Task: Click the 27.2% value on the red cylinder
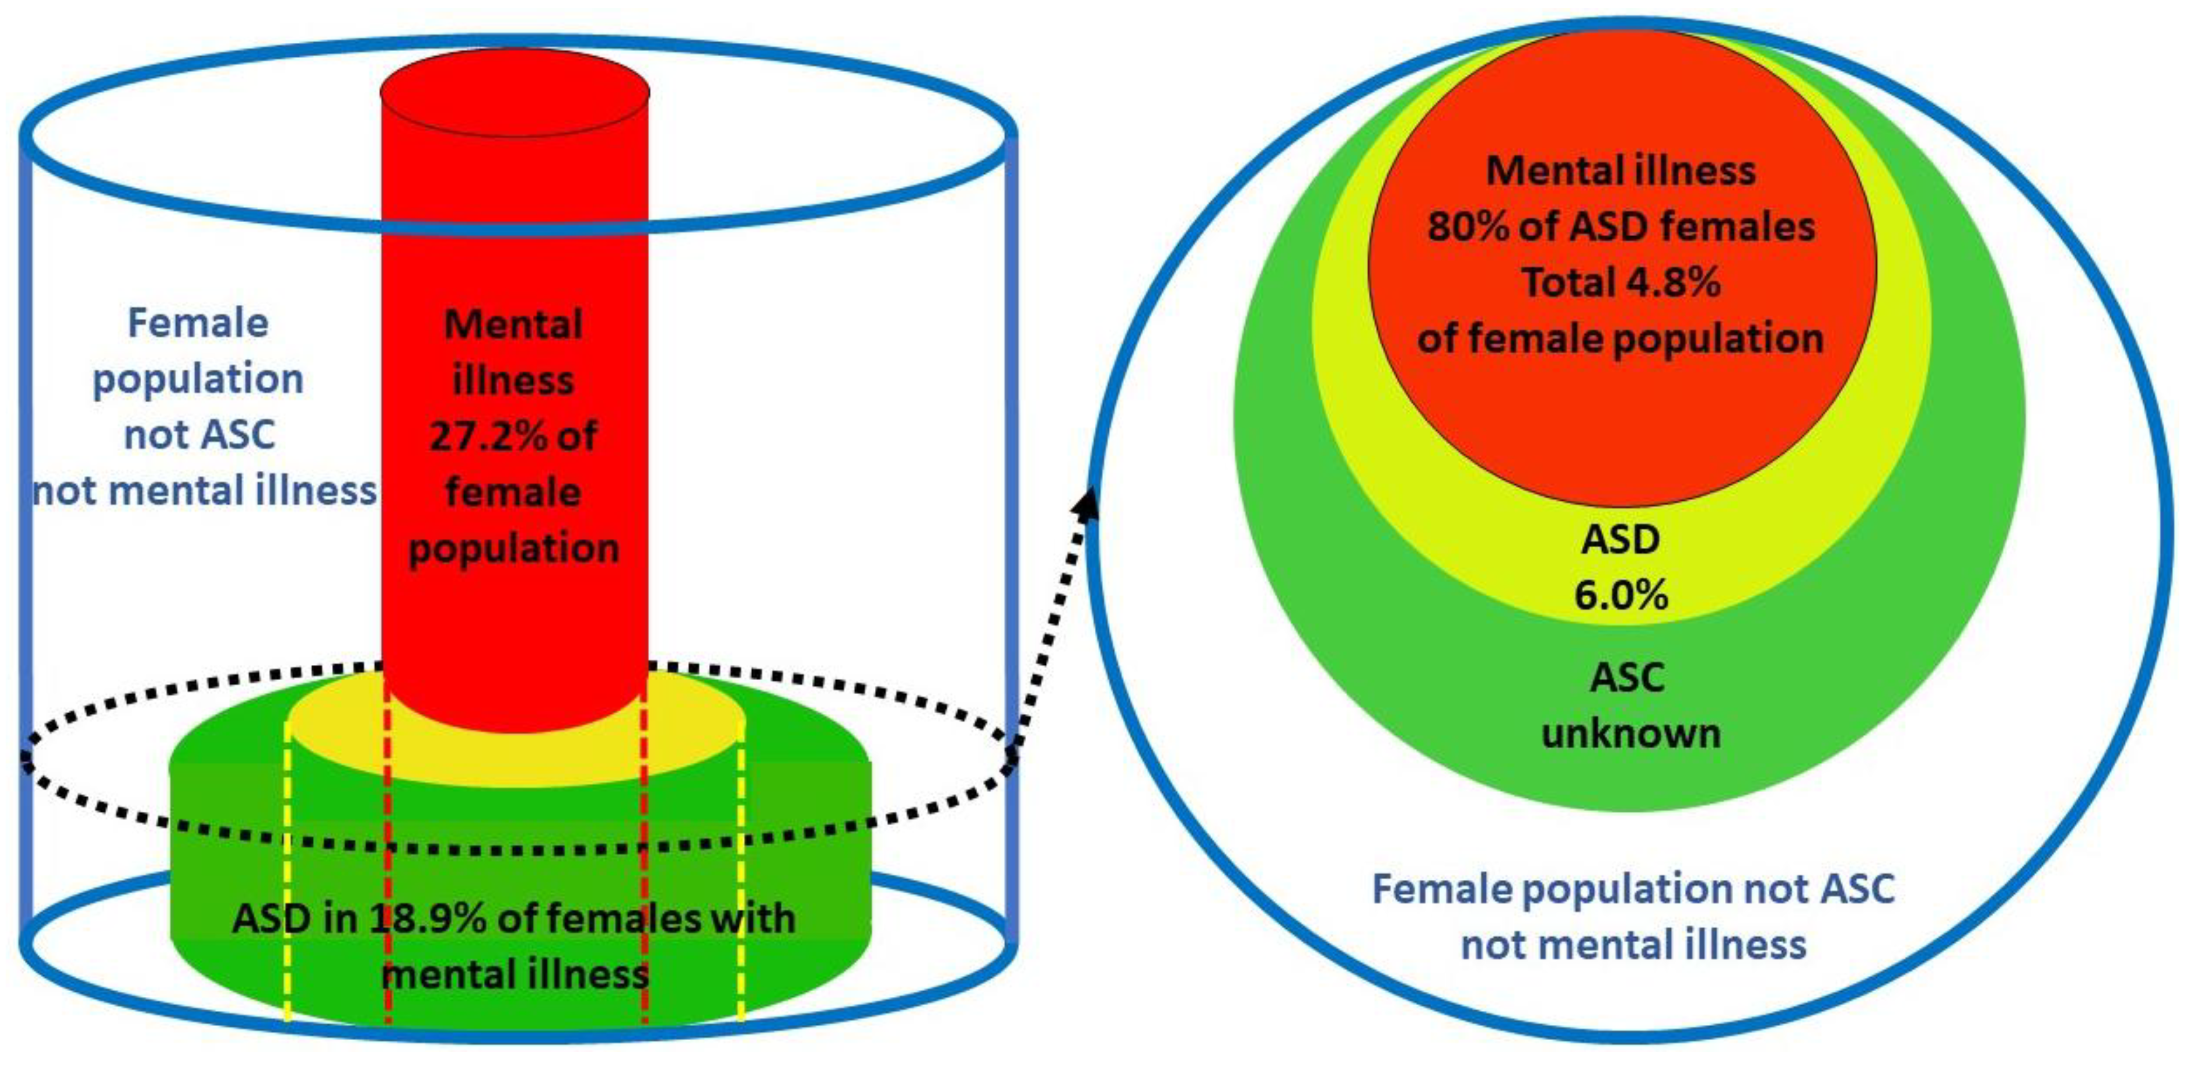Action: [x=478, y=436]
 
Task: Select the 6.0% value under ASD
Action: [x=1621, y=595]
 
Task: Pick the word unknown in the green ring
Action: [x=1630, y=734]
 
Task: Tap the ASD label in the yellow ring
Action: [x=1620, y=540]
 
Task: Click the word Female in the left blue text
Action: [x=197, y=323]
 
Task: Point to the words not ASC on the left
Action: [x=200, y=435]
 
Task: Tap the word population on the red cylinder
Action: [x=514, y=548]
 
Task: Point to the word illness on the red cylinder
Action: [x=513, y=380]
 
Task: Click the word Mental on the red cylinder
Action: [x=513, y=324]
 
